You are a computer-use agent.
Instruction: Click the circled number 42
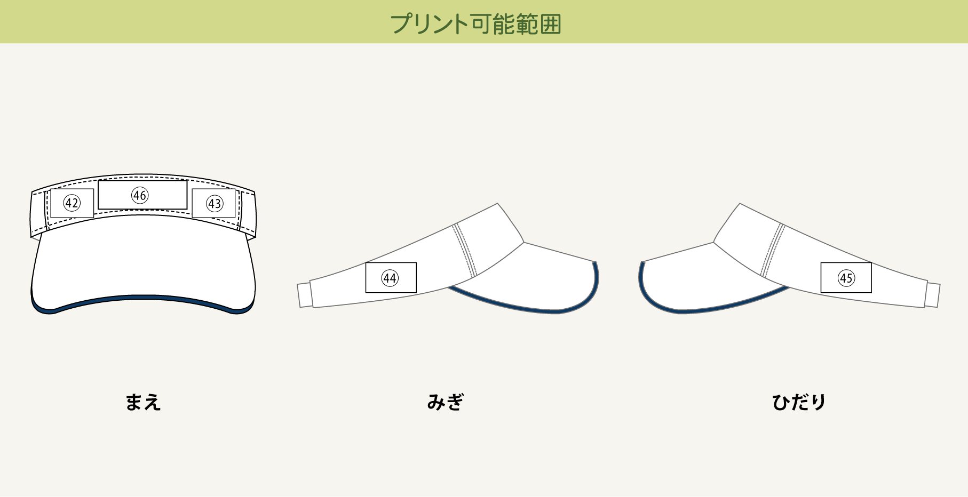[x=72, y=203]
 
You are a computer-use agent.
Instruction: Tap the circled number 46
[x=140, y=195]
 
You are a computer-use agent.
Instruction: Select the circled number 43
[x=215, y=204]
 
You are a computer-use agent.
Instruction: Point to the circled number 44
[x=390, y=278]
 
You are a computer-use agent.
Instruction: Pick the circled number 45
[x=846, y=278]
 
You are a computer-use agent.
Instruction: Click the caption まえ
[x=143, y=402]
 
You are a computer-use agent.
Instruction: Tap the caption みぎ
[x=446, y=402]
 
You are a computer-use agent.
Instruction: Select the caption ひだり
[x=799, y=402]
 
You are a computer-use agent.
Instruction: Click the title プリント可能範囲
[x=475, y=24]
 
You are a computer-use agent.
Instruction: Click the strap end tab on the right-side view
[x=304, y=295]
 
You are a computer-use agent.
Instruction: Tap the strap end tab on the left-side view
[x=932, y=295]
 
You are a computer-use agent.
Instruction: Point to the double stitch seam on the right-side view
[x=465, y=250]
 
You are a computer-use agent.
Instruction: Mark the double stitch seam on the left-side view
[x=773, y=250]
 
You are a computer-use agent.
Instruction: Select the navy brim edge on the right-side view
[x=534, y=308]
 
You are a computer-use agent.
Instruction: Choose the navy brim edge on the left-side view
[x=710, y=308]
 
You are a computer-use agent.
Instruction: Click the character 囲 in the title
[x=551, y=24]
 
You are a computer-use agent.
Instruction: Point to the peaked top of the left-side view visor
[x=739, y=206]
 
